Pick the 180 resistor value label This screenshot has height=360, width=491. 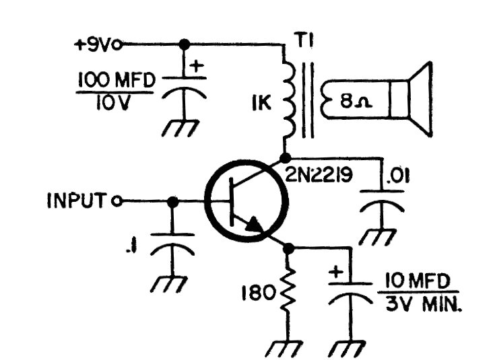[260, 293]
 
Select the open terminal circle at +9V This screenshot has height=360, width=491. [119, 45]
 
